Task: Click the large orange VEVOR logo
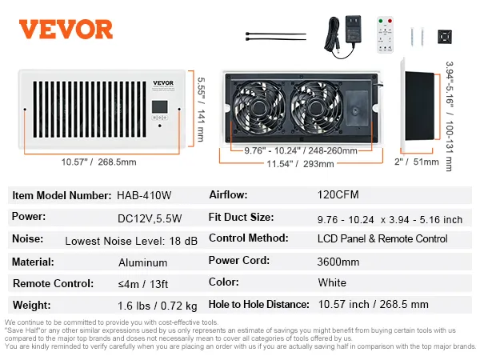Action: (x=66, y=30)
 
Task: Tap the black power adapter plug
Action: (x=353, y=30)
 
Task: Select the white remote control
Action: (x=385, y=34)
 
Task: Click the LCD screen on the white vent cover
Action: (x=159, y=106)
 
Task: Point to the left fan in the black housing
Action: (x=258, y=107)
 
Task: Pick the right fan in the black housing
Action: (x=316, y=107)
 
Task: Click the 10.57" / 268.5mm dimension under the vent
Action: (x=98, y=162)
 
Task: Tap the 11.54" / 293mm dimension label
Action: (x=300, y=164)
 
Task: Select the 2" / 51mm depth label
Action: (x=417, y=162)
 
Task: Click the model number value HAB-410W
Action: (x=144, y=195)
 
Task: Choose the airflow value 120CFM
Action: (x=338, y=194)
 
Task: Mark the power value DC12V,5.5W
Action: (x=150, y=218)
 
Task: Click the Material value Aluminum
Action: (x=142, y=262)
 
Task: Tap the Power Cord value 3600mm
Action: (x=338, y=262)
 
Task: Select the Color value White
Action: (x=332, y=282)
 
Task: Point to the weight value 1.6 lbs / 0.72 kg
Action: (x=158, y=306)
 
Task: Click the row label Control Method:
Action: (x=248, y=238)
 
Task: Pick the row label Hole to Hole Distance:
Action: (x=258, y=304)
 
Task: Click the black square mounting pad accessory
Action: (x=445, y=37)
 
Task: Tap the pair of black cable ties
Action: (x=275, y=36)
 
